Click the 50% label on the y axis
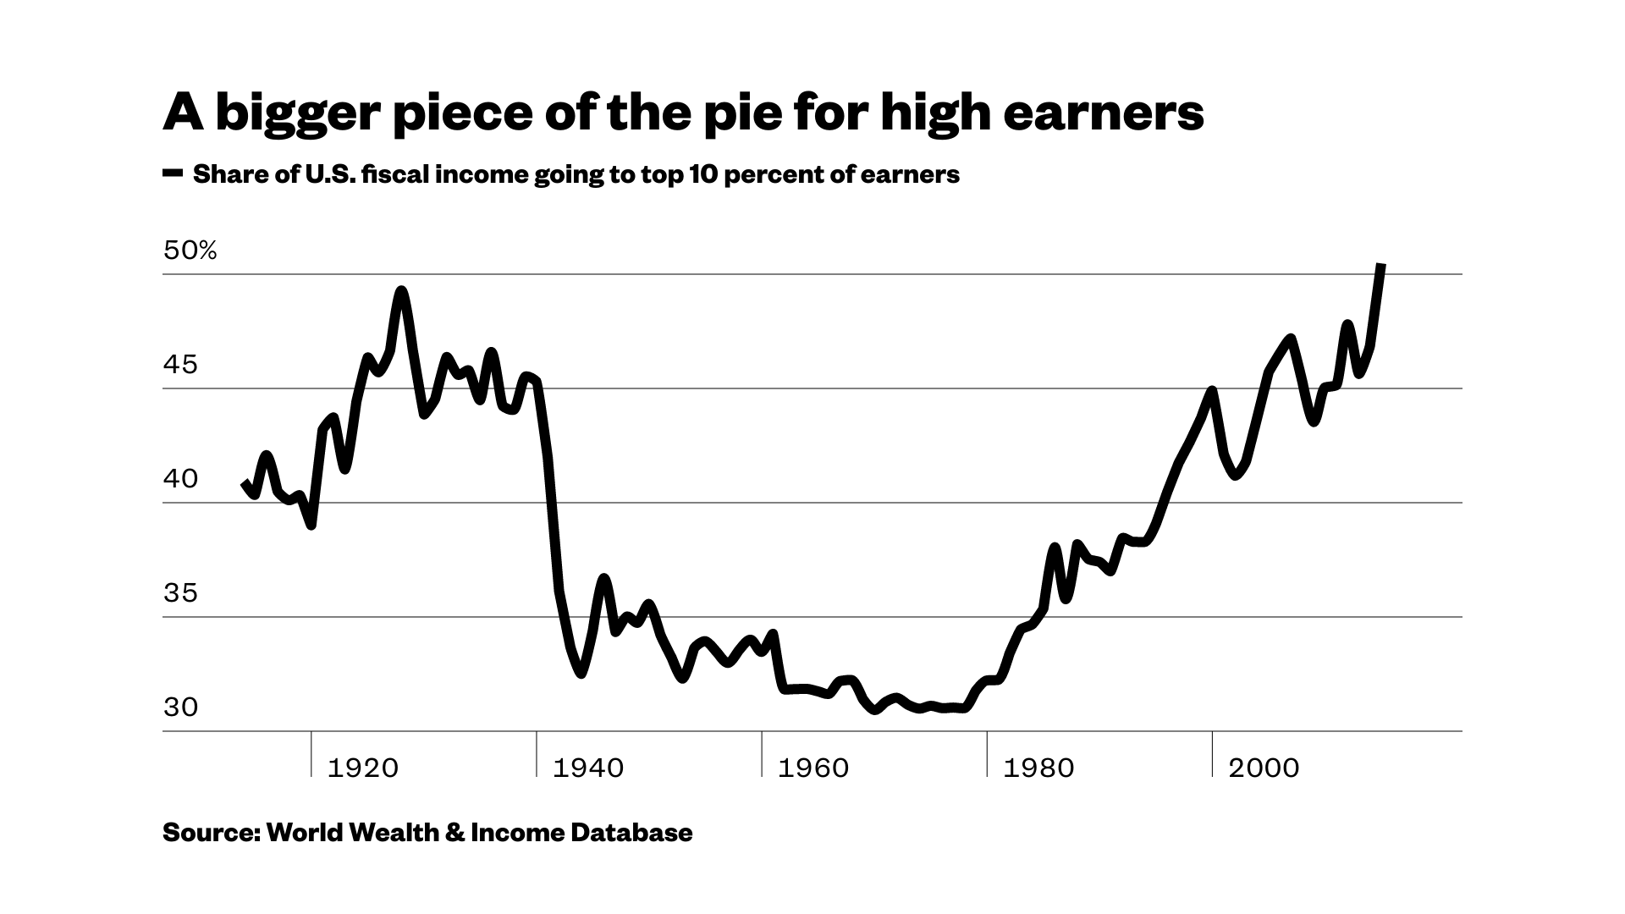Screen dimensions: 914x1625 190,251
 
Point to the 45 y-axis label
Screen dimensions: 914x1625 180,365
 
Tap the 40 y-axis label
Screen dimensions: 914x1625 180,479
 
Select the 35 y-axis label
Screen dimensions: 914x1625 180,593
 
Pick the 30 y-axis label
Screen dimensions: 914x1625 180,708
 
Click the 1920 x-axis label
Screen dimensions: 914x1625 362,768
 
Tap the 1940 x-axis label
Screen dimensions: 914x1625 588,768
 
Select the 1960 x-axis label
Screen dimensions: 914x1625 812,768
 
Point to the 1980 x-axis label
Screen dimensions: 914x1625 1038,768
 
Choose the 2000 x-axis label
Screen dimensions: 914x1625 1264,768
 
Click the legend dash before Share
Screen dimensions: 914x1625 173,174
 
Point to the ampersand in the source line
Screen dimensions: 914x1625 454,833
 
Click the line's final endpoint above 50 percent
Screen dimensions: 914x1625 1381,266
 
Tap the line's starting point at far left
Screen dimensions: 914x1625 245,483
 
